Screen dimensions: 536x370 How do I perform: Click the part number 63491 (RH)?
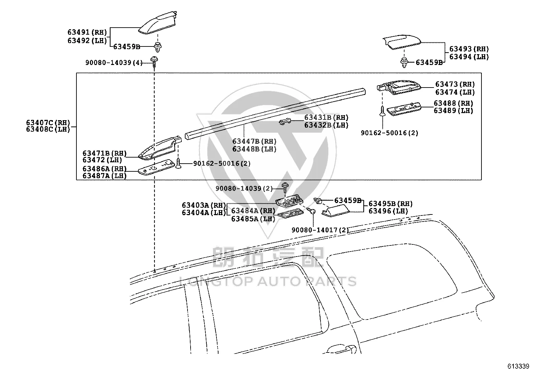point(87,32)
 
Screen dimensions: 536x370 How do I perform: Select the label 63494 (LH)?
point(469,57)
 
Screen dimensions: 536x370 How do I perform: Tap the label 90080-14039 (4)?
point(114,63)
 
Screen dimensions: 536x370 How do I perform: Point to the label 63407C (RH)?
point(48,123)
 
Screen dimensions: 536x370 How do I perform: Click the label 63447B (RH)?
point(254,141)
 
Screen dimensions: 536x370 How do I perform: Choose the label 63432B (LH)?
point(326,125)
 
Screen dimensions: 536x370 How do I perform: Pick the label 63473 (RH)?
point(455,84)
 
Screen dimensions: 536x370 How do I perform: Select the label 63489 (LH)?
point(454,110)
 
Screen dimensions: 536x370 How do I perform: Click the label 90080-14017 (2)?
point(320,230)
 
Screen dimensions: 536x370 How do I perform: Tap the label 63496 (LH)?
point(388,211)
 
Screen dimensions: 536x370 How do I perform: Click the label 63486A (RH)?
point(105,169)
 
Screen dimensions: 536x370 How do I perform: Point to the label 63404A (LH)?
point(204,212)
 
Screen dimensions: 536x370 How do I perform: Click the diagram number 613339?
point(518,366)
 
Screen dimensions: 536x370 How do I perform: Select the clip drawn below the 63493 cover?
point(404,62)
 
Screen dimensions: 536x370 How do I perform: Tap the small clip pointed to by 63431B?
point(285,122)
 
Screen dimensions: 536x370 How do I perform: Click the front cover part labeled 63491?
point(158,23)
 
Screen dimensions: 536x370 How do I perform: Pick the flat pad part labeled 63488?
point(404,109)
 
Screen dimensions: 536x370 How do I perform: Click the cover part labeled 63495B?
point(335,210)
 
